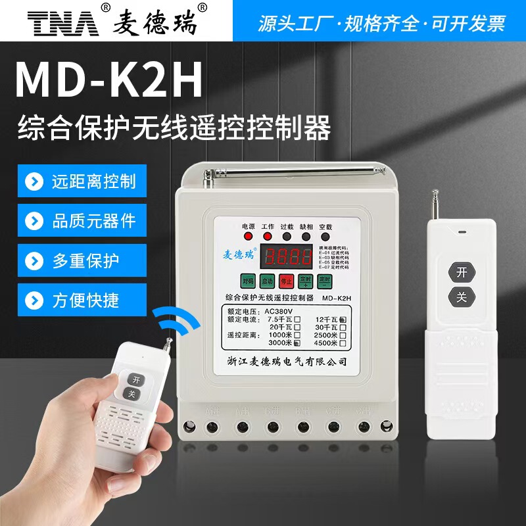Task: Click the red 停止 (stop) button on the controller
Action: tap(286, 281)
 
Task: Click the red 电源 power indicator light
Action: tap(249, 236)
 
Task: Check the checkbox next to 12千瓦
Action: tap(343, 320)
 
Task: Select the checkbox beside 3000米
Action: tap(297, 343)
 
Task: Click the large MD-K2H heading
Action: tap(108, 80)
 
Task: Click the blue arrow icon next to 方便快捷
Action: tap(34, 300)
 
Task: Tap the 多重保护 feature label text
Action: tap(85, 261)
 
